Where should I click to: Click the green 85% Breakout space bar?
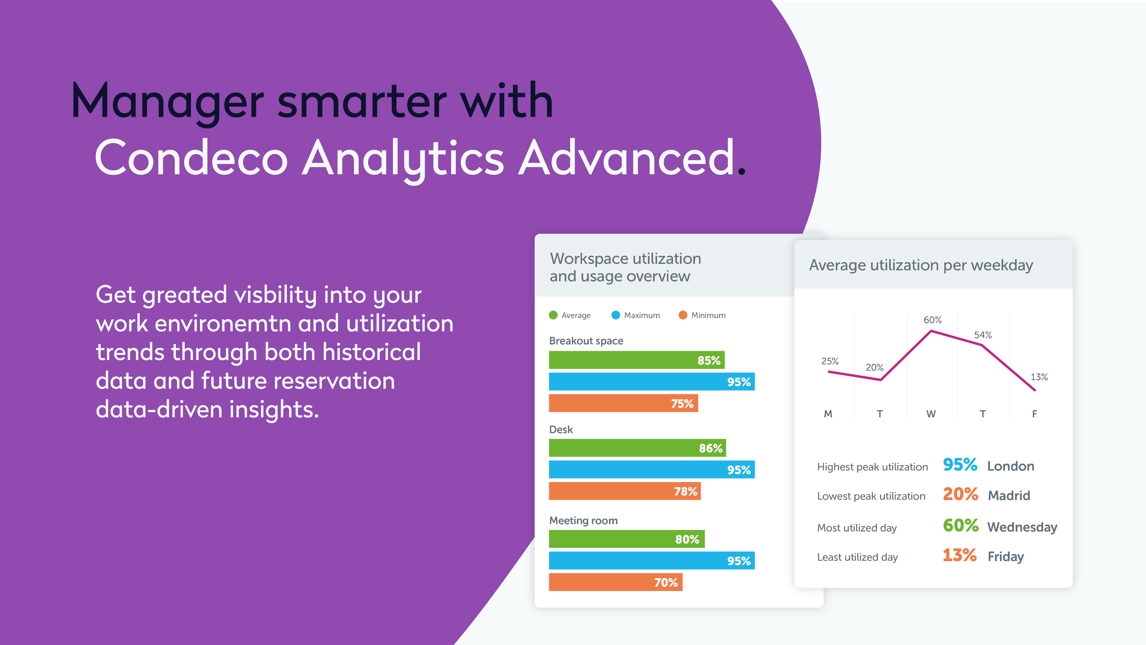coord(636,360)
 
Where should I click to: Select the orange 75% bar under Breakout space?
coord(623,403)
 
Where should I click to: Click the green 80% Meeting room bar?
coord(626,539)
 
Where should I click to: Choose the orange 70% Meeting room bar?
coord(615,582)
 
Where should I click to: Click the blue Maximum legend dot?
coord(616,315)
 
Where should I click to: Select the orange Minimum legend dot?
coord(683,315)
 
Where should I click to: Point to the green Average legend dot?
coord(553,315)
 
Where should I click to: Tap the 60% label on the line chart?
coord(932,320)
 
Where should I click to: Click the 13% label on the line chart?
coord(1039,377)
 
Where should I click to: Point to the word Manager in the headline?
coord(168,102)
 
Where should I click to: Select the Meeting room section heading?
coord(583,520)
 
